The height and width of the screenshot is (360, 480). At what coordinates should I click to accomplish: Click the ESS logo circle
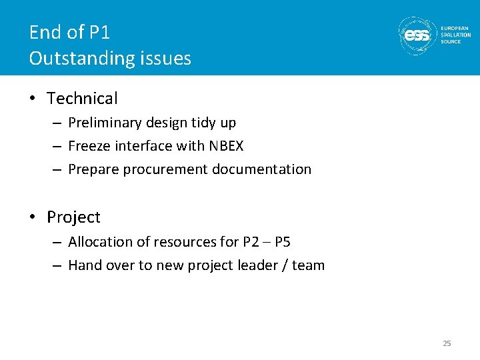417,35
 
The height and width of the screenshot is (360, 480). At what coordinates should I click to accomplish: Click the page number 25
447,343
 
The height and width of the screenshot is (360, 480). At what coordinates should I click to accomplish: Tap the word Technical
82,99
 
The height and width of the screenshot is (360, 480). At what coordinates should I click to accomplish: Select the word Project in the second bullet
73,217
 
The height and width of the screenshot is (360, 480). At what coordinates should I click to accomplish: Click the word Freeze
89,146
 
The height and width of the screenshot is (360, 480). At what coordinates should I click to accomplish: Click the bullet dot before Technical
33,99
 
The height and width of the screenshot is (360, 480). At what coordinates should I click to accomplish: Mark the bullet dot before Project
33,218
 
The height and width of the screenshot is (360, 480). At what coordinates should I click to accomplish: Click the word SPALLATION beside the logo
456,35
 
